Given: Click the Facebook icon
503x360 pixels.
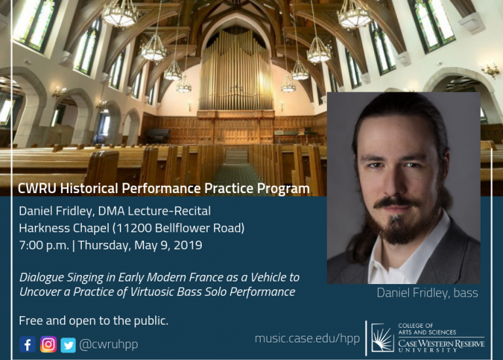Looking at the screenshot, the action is [x=28, y=344].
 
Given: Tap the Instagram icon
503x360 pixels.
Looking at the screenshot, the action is [x=48, y=344].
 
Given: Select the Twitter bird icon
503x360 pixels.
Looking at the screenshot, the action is [x=68, y=345].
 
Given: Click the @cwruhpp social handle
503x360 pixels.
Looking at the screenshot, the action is [x=109, y=344].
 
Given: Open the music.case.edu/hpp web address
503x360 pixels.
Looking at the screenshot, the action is [x=307, y=338].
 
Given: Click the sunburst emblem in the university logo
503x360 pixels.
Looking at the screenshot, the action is [x=382, y=338].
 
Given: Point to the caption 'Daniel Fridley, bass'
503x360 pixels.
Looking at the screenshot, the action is [x=427, y=293].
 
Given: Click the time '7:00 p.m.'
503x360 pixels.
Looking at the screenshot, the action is [x=44, y=245].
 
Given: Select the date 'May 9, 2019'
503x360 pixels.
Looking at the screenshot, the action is [x=168, y=245].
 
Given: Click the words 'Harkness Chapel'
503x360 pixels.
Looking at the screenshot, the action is [x=64, y=228].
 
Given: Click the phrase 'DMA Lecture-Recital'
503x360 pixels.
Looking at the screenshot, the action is [x=155, y=211].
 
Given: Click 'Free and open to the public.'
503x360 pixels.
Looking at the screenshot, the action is [x=94, y=321].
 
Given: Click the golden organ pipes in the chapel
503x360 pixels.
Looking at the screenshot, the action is [x=236, y=71].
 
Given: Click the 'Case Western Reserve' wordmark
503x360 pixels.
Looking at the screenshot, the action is [x=441, y=344].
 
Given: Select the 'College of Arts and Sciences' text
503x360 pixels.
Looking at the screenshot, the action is [x=427, y=329].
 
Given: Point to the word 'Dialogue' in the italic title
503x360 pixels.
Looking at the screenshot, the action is [x=41, y=278].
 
